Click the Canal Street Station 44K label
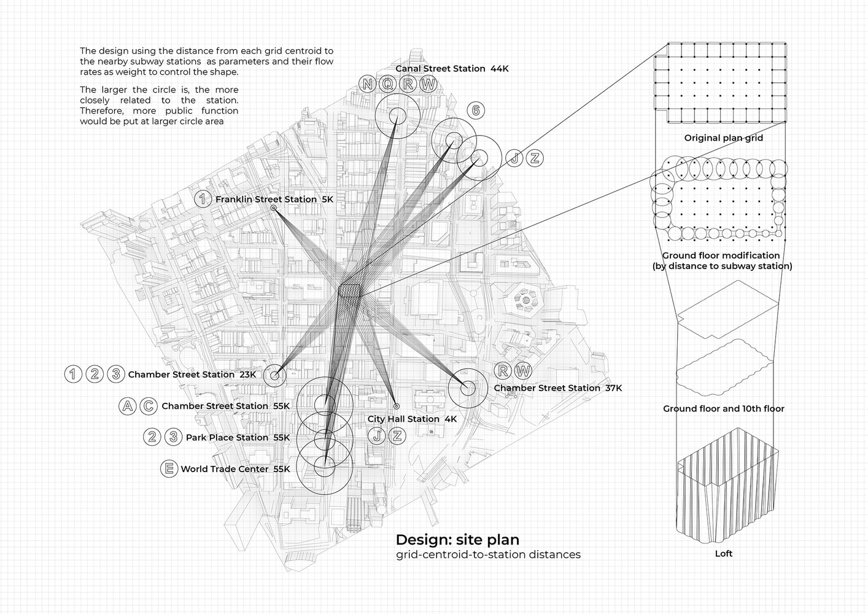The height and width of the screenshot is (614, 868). [x=452, y=69]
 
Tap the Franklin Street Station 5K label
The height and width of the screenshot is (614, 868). [x=274, y=199]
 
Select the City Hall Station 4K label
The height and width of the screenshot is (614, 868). [x=412, y=419]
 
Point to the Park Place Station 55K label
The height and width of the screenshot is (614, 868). [x=238, y=438]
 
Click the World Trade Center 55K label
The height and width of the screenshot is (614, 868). [x=235, y=469]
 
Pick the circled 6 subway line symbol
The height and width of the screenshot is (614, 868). [x=476, y=111]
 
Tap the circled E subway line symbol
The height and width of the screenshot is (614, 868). [x=169, y=468]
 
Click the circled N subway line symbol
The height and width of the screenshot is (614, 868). [x=367, y=84]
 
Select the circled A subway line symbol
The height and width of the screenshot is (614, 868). [x=128, y=406]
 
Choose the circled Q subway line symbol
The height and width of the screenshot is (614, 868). [x=387, y=84]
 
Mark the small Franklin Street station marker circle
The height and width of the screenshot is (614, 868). [x=274, y=208]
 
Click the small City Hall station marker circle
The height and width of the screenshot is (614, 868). [x=397, y=406]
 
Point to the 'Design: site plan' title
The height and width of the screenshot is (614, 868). [x=457, y=540]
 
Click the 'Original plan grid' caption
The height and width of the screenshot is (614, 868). [x=724, y=138]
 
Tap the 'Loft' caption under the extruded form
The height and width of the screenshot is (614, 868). [x=724, y=554]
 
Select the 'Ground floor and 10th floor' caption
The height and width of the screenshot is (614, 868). [x=724, y=408]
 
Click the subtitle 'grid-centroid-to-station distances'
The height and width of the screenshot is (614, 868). [x=488, y=554]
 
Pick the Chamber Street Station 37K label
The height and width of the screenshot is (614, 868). [x=557, y=388]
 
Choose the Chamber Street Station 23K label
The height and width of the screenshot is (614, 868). [x=192, y=375]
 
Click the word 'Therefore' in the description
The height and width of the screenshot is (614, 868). [x=100, y=111]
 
